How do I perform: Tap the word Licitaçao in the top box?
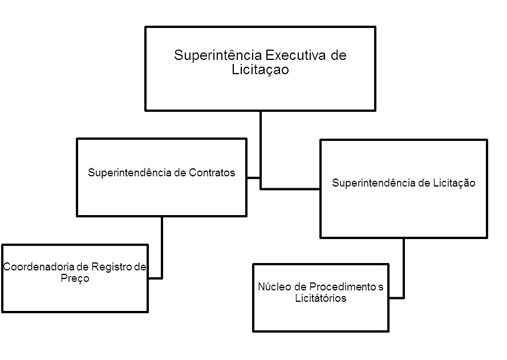point(261,70)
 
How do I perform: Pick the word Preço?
point(75,278)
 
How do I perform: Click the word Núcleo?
point(273,286)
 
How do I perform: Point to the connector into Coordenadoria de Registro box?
point(162,251)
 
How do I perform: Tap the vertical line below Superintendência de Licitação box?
point(404,265)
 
